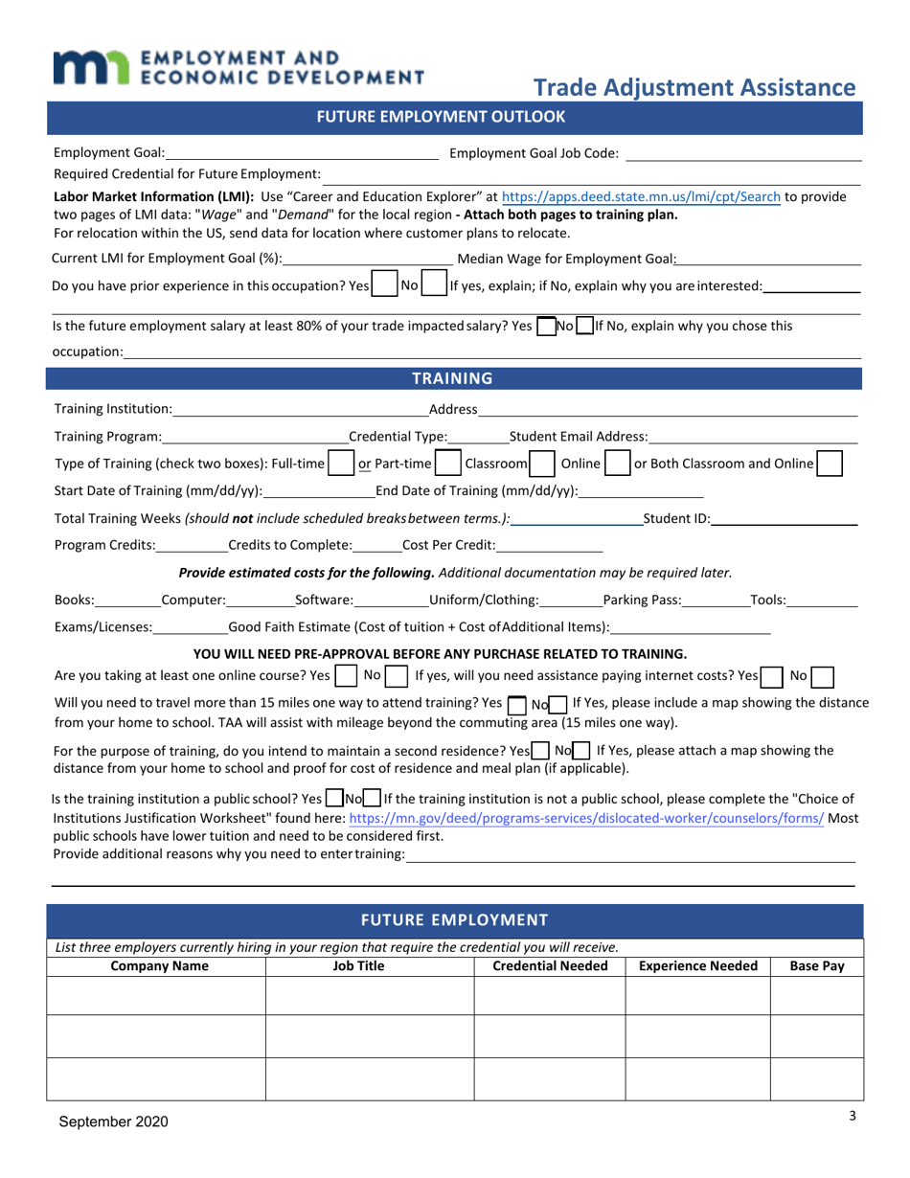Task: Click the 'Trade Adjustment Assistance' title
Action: click(694, 88)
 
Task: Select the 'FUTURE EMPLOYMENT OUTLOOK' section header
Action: click(455, 118)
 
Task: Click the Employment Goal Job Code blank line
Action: click(744, 152)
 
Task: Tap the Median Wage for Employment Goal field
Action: click(769, 258)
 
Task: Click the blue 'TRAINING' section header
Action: click(455, 378)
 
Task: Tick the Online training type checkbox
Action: click(618, 464)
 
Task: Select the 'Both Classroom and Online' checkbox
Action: click(830, 464)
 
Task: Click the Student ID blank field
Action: click(785, 518)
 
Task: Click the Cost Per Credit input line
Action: click(549, 546)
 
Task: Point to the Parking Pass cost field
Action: click(716, 600)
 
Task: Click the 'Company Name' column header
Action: click(159, 966)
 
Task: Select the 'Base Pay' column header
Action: click(816, 966)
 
